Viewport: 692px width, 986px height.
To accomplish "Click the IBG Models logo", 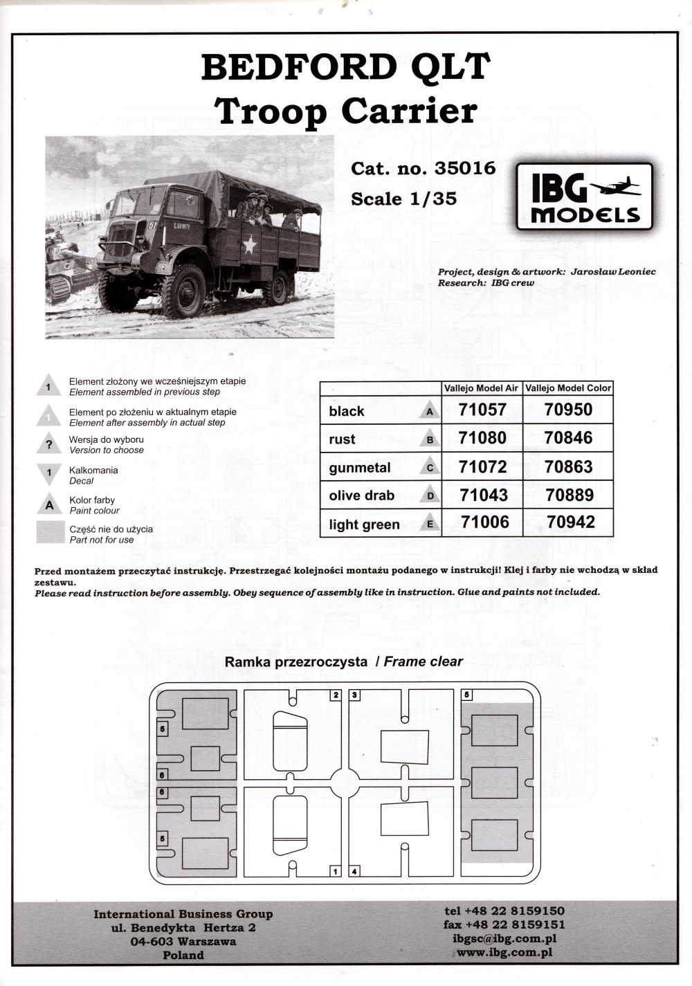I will (x=585, y=197).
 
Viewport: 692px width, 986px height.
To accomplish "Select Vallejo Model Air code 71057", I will (x=482, y=410).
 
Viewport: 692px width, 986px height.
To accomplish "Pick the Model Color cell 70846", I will (x=568, y=438).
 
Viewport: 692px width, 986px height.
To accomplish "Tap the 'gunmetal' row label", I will (x=360, y=468).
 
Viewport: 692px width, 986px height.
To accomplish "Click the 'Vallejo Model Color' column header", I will (x=568, y=388).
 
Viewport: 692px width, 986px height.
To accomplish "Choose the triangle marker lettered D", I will (x=430, y=496).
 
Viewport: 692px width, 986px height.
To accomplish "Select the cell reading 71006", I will (x=484, y=522).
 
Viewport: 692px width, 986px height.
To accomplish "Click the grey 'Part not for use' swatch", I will (x=49, y=533).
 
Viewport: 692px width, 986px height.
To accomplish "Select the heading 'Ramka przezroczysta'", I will (x=296, y=661).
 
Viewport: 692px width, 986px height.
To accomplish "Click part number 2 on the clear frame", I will (x=336, y=695).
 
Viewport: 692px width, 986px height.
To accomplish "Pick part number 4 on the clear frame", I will (x=354, y=871).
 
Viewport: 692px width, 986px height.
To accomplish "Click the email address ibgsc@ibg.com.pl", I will (x=504, y=939).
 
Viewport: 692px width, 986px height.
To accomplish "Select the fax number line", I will (x=504, y=924).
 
